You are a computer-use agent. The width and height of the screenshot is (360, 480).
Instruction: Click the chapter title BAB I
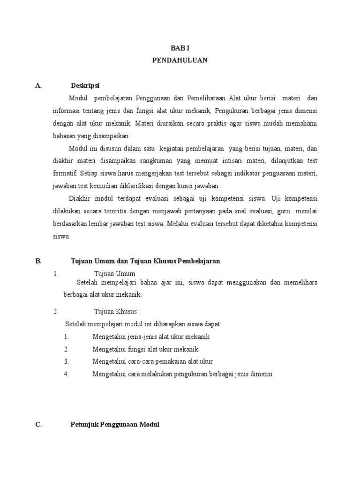180,48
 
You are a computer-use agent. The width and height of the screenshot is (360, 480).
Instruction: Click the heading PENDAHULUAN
180,60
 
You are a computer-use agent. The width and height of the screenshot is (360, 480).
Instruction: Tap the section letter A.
39,86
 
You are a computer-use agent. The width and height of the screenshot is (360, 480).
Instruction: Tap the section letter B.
39,261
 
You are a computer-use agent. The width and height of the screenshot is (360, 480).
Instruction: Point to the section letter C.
39,425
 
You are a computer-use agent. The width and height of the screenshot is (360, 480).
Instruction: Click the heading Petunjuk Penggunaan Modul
115,425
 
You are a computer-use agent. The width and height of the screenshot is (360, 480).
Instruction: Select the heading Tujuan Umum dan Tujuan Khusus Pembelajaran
145,261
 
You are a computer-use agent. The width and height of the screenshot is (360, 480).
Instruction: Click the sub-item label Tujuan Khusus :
117,311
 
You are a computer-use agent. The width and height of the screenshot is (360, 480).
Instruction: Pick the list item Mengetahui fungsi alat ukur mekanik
145,349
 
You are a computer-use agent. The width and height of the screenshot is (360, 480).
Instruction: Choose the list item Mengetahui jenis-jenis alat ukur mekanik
151,337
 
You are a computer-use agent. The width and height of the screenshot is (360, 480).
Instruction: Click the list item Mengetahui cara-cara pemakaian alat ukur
153,361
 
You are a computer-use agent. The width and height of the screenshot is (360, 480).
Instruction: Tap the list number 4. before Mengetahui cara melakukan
67,374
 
